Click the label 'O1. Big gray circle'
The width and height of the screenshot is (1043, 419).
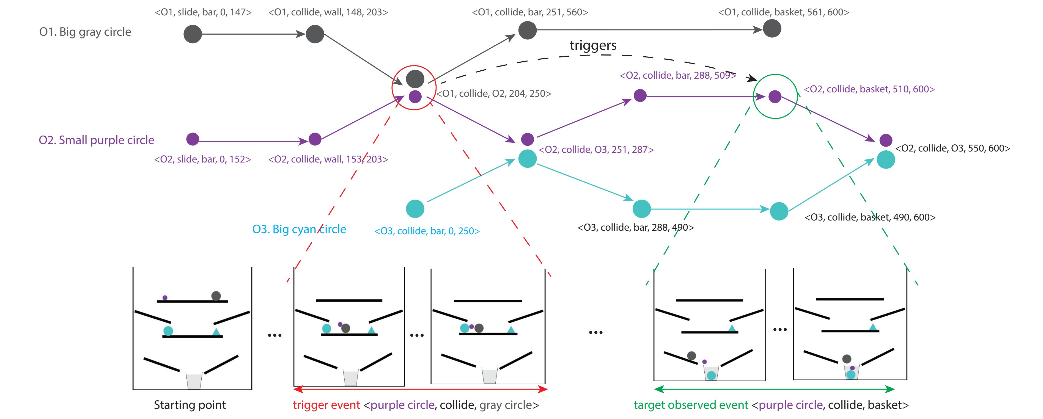click(x=85, y=32)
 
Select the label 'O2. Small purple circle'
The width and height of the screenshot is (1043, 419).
click(x=96, y=140)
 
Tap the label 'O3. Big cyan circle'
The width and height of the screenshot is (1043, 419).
click(x=299, y=229)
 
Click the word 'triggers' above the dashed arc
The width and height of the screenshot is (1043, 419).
click(x=593, y=45)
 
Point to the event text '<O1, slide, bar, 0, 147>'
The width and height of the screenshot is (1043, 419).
click(x=203, y=12)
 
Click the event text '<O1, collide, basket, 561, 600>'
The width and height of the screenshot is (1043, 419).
click(x=783, y=12)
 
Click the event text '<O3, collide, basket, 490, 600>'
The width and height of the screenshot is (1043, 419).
click(x=870, y=217)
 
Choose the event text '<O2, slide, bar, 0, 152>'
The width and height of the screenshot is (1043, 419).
click(x=202, y=159)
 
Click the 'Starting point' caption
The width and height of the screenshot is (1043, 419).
click(x=190, y=405)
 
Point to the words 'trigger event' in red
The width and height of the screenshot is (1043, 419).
click(x=326, y=405)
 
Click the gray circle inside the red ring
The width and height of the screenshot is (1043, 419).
click(x=415, y=79)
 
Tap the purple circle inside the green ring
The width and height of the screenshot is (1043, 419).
click(x=775, y=97)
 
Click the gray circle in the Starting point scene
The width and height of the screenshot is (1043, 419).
click(x=216, y=296)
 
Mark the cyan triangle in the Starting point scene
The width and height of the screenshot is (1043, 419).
click(x=216, y=332)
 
